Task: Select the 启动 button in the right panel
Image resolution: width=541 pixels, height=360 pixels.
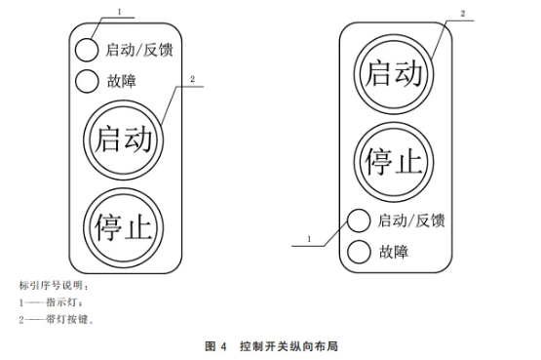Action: pos(394,75)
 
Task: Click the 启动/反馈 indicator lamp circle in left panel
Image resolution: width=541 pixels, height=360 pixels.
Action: pos(87,49)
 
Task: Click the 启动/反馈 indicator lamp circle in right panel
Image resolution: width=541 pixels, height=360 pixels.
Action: pos(359,221)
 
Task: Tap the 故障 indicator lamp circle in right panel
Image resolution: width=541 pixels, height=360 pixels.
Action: pos(359,251)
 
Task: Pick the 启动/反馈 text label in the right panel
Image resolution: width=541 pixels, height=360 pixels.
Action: pos(411,221)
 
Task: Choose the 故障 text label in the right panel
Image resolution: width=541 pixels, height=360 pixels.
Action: pos(392,251)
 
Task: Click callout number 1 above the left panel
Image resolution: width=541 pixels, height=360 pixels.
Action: pos(118,11)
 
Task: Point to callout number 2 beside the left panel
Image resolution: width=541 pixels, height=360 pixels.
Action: pos(193,78)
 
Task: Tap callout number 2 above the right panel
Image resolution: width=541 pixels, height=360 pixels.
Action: pos(462,15)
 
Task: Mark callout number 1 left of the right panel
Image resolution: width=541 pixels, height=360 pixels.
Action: pos(309,237)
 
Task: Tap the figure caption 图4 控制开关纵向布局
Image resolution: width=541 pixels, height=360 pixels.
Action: pos(271,345)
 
